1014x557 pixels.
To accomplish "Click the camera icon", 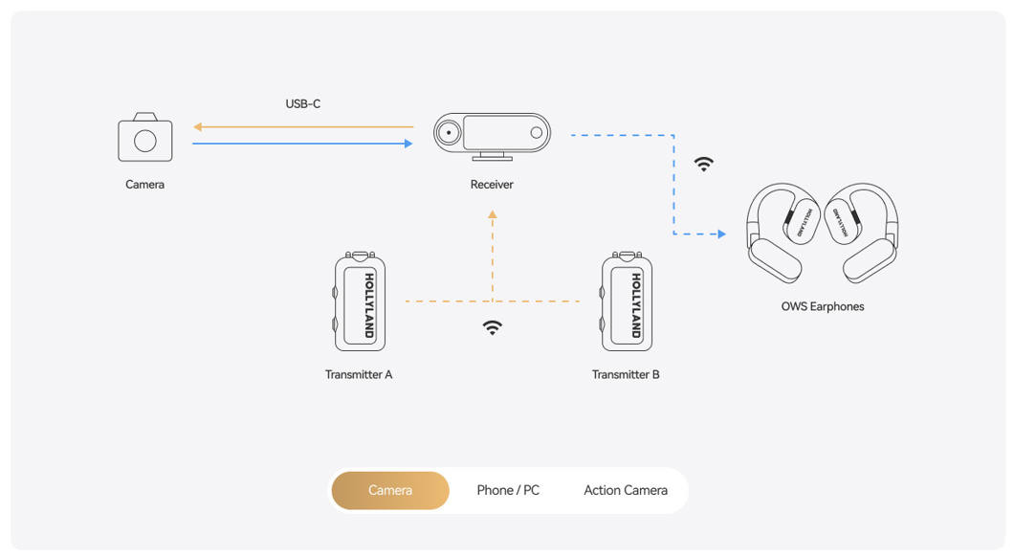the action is (144, 137).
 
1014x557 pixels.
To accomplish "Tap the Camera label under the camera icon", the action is (144, 185).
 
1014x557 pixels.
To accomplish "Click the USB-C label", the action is (302, 103).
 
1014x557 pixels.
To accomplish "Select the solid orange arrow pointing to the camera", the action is (303, 126).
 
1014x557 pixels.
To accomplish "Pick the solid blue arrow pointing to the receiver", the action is (302, 144).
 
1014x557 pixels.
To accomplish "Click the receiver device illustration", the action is (492, 136).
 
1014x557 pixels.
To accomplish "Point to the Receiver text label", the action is (492, 185).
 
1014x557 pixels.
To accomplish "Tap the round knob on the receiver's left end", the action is (448, 133).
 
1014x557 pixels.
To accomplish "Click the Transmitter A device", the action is (360, 301).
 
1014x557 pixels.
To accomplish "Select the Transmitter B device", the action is (627, 301).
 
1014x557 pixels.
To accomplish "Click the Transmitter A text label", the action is (359, 374).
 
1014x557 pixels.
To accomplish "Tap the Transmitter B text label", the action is (626, 374).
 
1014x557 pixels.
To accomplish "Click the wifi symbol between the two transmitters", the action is (492, 327).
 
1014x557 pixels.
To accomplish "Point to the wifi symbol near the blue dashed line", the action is (704, 164).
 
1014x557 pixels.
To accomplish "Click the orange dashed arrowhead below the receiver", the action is (493, 214).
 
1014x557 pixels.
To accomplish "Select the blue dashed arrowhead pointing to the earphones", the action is (721, 234).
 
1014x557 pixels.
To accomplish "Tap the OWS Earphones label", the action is (823, 306).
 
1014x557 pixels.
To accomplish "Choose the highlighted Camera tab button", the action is (390, 490).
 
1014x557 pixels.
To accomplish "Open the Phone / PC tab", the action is (508, 490).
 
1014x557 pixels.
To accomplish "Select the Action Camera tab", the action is (626, 490).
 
